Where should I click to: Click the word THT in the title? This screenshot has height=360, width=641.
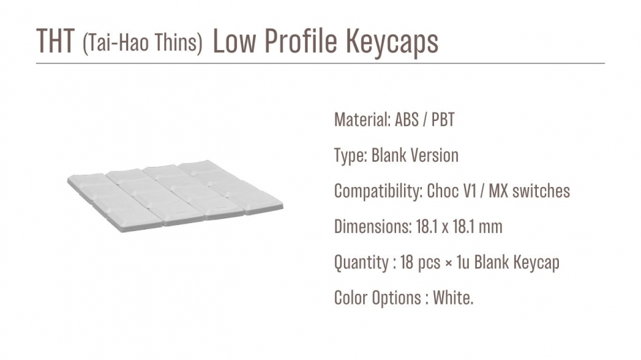55,41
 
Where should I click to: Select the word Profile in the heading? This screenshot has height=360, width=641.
301,41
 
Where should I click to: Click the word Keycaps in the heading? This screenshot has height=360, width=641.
393,43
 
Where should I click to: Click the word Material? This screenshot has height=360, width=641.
362,120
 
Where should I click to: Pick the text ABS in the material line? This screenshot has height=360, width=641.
407,120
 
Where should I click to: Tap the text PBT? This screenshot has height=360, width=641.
443,120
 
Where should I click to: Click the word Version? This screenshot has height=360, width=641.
435,156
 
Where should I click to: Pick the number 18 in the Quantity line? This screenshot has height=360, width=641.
407,262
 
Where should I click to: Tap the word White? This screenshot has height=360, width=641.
453,298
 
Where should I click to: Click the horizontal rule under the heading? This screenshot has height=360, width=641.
320,63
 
